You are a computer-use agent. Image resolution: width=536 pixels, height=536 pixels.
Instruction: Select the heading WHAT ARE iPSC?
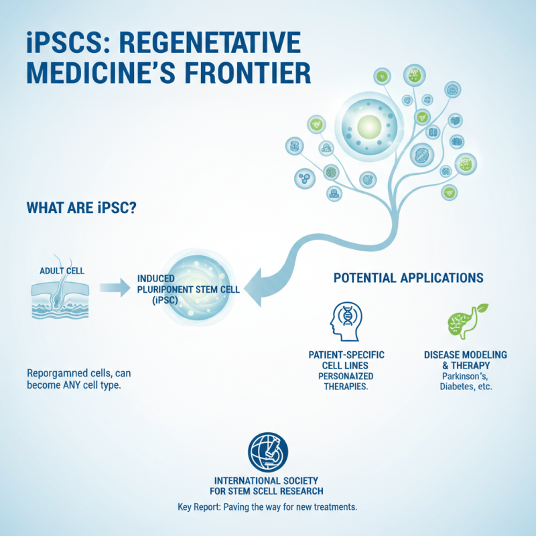81,208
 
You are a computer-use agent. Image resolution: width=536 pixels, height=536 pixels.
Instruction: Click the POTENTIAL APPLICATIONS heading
409,277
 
